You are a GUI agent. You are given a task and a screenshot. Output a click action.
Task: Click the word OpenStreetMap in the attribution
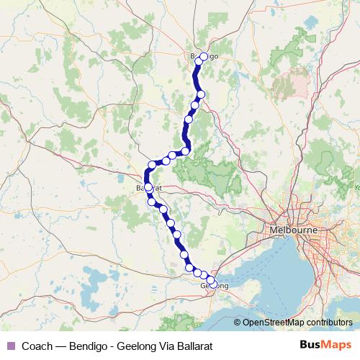(x=274, y=323)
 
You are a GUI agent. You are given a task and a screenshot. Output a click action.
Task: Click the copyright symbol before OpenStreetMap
(x=238, y=323)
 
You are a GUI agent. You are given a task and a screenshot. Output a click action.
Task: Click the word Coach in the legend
(x=37, y=345)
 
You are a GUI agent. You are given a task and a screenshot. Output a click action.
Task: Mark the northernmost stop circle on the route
(x=204, y=56)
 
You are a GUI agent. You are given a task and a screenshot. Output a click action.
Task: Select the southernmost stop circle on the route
(x=211, y=282)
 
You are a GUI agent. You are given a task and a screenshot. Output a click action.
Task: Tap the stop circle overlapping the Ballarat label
(x=148, y=187)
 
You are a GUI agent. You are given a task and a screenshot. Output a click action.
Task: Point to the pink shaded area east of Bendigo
(x=292, y=81)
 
